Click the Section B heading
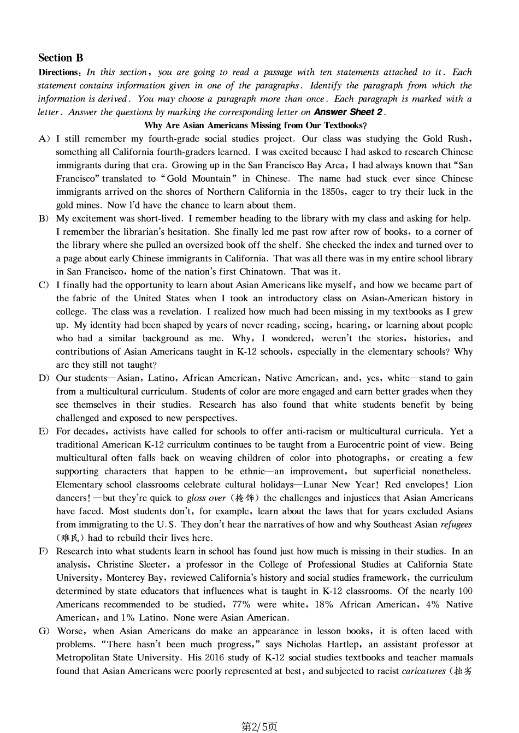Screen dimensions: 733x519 pyautogui.click(x=61, y=58)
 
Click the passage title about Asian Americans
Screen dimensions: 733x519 pyautogui.click(x=256, y=126)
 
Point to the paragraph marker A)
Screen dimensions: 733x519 pyautogui.click(x=44, y=139)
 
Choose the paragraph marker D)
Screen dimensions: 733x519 pyautogui.click(x=44, y=378)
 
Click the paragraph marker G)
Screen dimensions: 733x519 pyautogui.click(x=44, y=631)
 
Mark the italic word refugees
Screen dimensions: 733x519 pyautogui.click(x=456, y=525)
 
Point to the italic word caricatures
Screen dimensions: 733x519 pyautogui.click(x=423, y=671)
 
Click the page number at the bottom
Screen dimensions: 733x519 pyautogui.click(x=259, y=726)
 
